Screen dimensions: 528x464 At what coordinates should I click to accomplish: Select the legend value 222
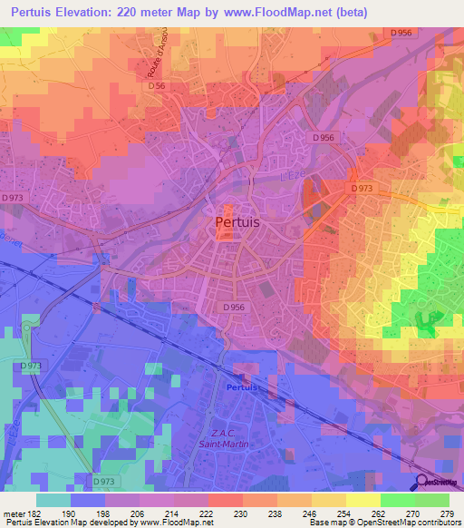click(x=208, y=513)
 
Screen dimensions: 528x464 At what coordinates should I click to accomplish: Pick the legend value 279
click(x=446, y=513)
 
